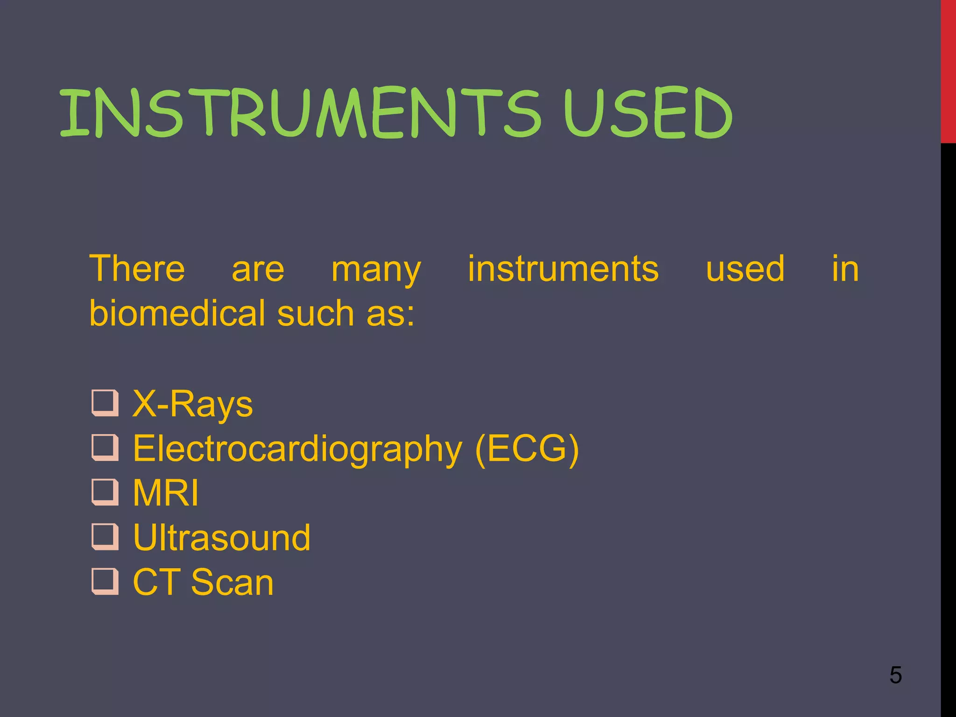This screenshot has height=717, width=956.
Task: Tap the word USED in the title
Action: (648, 113)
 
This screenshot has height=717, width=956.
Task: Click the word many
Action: (376, 271)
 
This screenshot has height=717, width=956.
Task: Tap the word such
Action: (316, 313)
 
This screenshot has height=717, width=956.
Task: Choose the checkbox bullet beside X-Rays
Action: (105, 403)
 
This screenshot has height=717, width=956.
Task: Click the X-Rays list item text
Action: (192, 404)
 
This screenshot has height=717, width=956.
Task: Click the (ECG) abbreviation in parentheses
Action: (527, 448)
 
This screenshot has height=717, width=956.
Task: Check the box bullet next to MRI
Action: (105, 492)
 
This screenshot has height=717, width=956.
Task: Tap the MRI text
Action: (166, 493)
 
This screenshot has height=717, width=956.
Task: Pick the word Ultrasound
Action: (222, 538)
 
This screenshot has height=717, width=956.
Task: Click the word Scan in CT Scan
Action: (232, 583)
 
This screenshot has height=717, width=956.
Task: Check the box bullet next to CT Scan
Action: (105, 581)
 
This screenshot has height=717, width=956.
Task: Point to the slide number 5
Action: (895, 675)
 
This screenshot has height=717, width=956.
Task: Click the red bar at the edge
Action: (948, 70)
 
